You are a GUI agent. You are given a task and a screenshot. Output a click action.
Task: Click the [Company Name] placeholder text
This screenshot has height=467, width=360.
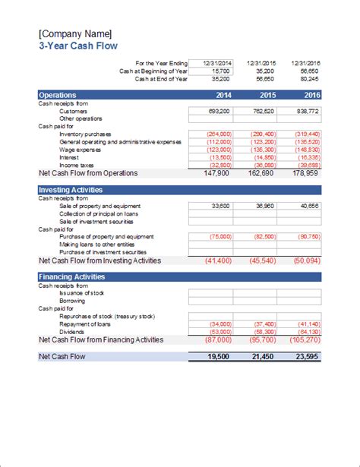click(74, 33)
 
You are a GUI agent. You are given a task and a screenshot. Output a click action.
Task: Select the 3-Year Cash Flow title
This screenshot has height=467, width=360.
click(72, 46)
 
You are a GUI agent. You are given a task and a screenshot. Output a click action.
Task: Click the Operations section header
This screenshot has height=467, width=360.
click(57, 96)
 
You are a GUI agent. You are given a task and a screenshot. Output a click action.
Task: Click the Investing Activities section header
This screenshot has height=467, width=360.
click(71, 189)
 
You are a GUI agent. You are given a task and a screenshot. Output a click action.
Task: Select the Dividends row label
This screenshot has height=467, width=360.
click(73, 330)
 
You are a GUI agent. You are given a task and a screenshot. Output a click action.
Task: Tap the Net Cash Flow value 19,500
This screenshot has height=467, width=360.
click(217, 356)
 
